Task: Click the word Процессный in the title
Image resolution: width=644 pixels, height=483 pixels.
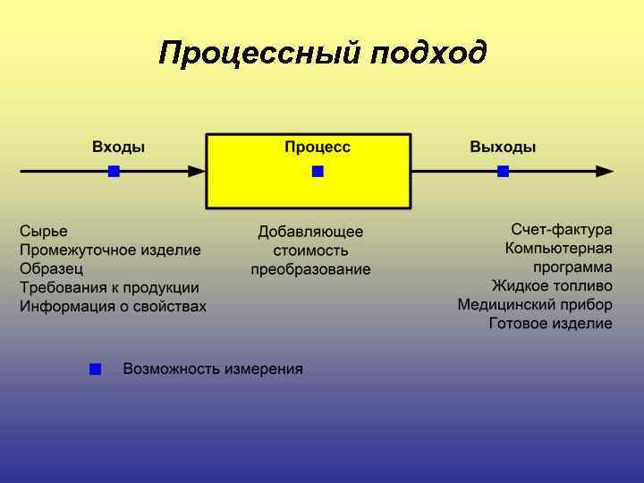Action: (x=259, y=53)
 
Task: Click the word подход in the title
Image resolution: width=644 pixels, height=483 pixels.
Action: (x=429, y=53)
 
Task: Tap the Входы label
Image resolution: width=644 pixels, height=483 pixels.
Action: (x=118, y=147)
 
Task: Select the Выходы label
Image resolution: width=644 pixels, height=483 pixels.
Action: (x=503, y=147)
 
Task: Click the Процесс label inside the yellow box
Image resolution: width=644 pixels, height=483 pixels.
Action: (x=318, y=147)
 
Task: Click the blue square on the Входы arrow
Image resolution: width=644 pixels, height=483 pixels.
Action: (x=114, y=171)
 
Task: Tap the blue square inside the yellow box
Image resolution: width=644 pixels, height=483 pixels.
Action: (x=318, y=171)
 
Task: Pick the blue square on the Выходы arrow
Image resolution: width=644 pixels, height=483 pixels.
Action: (x=503, y=171)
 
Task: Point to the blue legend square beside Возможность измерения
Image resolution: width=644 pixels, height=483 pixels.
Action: (x=96, y=369)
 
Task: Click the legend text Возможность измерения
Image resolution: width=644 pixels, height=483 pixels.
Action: (x=213, y=369)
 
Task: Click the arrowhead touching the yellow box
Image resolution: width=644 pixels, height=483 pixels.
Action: (x=198, y=171)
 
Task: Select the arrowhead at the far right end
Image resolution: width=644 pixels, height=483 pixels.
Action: (x=606, y=171)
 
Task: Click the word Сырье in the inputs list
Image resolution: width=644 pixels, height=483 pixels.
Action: (x=44, y=231)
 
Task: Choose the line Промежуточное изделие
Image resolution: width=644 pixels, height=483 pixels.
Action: (x=110, y=250)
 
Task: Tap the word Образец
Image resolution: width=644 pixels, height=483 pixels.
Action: (x=51, y=268)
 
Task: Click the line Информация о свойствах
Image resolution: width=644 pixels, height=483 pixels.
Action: (x=113, y=306)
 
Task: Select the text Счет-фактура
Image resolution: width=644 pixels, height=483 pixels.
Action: (x=562, y=229)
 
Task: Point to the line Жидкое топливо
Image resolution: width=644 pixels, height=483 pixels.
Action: (x=552, y=285)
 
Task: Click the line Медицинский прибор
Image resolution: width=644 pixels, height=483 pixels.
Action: (x=535, y=304)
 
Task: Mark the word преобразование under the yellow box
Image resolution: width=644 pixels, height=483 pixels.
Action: (x=310, y=269)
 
